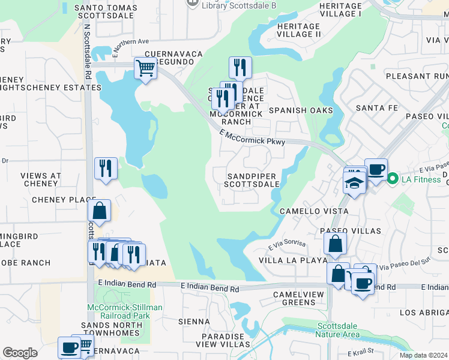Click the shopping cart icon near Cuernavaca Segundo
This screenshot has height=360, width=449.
(145, 68)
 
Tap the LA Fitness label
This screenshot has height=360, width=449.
(420, 178)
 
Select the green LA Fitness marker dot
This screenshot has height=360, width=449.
(393, 178)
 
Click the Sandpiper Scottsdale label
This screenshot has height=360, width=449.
(253, 180)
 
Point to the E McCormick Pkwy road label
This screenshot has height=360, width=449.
(252, 137)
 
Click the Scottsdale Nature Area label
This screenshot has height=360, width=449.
(338, 330)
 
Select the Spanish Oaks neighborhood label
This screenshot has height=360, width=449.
(301, 110)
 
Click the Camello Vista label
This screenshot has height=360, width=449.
(314, 211)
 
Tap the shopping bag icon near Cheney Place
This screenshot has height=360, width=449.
(99, 211)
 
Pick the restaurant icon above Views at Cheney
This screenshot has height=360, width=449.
(106, 169)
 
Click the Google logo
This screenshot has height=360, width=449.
(20, 353)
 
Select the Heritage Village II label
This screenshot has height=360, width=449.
(298, 30)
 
